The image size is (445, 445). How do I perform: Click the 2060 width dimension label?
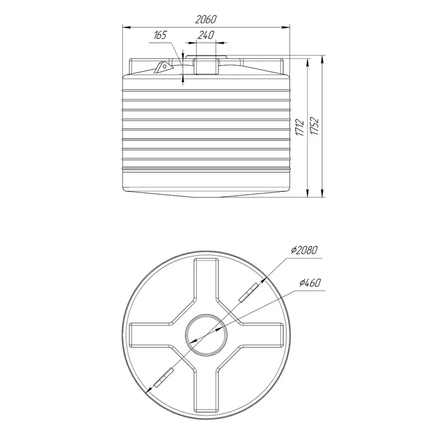(x=206, y=19)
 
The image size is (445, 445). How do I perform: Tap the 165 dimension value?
(x=160, y=36)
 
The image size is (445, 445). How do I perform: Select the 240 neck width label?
(x=206, y=35)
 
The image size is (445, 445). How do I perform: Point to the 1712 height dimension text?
(x=300, y=128)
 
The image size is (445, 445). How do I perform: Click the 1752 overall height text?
(x=315, y=126)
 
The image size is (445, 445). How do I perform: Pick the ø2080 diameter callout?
(x=304, y=250)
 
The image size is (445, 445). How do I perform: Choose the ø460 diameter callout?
(x=310, y=283)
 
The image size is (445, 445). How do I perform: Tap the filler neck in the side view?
(x=206, y=66)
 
